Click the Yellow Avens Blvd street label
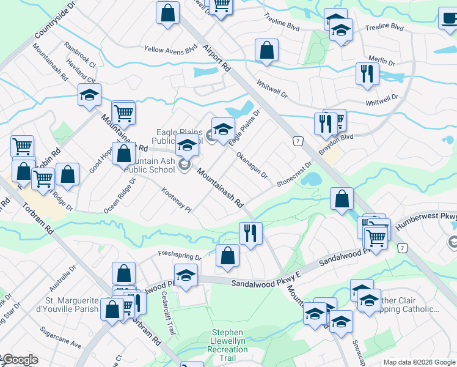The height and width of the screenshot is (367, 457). [x=170, y=50]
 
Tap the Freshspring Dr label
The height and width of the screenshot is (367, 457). [x=180, y=254]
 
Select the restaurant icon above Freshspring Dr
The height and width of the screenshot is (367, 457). [x=250, y=233]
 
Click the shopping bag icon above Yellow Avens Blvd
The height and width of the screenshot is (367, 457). [x=167, y=12]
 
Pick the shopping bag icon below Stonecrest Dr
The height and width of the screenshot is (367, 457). [x=342, y=198]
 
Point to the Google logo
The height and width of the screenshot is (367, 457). [x=20, y=360]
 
